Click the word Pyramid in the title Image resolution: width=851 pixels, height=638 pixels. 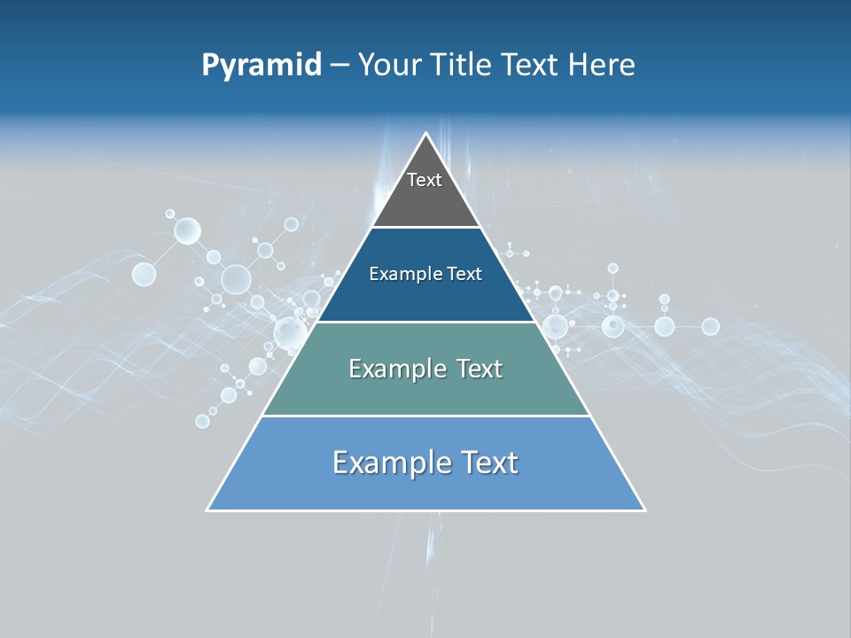[262, 66]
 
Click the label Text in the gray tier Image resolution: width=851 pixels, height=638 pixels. [425, 180]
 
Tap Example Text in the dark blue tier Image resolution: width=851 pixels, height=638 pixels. [425, 274]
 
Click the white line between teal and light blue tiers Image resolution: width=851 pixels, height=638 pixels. [425, 416]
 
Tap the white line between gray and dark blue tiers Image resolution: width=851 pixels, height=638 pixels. [425, 228]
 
